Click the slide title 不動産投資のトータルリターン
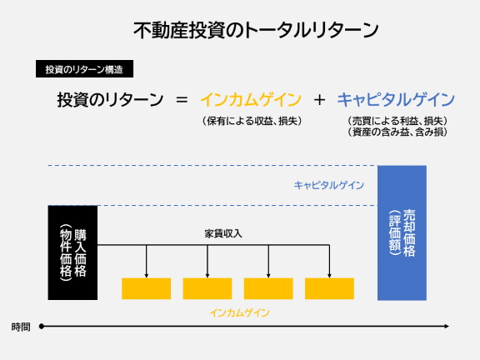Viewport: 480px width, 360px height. point(256,30)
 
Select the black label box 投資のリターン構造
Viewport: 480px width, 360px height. point(84,69)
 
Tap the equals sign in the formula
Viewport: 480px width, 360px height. point(182,100)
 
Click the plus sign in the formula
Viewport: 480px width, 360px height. point(319,100)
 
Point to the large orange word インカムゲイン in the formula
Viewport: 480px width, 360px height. point(251,99)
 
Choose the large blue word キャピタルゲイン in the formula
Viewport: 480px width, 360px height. point(396,99)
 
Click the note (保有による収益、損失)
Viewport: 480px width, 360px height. point(252,121)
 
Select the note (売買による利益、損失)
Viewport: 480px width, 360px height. point(397,121)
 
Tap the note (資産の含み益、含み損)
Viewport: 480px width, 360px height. point(397,132)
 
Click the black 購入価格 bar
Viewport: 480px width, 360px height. point(72,252)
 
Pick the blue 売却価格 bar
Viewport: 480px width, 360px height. point(402,233)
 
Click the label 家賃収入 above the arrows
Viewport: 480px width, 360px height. point(223,234)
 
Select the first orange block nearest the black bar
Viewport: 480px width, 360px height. point(147,288)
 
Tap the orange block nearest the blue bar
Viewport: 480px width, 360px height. point(329,288)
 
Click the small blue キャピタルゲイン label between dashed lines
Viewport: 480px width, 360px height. point(329,185)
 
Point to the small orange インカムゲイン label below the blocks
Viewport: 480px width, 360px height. point(240,312)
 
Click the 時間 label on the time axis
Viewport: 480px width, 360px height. point(21,327)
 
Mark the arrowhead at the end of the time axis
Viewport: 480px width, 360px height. point(447,327)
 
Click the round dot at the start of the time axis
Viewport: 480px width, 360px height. point(42,327)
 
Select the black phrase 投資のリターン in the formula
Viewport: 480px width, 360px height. point(110,100)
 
